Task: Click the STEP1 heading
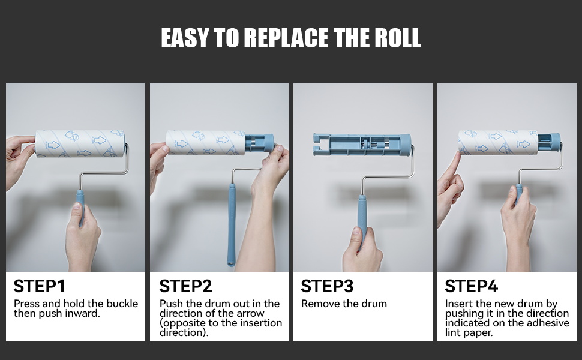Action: click(40, 286)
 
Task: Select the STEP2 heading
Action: click(185, 286)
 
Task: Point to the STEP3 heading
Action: click(327, 286)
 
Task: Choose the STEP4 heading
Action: click(471, 286)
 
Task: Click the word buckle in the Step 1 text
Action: click(122, 304)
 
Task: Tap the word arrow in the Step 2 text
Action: click(251, 314)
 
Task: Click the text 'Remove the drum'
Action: click(344, 304)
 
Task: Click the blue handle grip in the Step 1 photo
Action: click(80, 207)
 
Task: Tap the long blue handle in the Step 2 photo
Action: click(232, 225)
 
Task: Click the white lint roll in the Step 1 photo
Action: click(80, 143)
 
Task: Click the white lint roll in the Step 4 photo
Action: click(498, 142)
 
